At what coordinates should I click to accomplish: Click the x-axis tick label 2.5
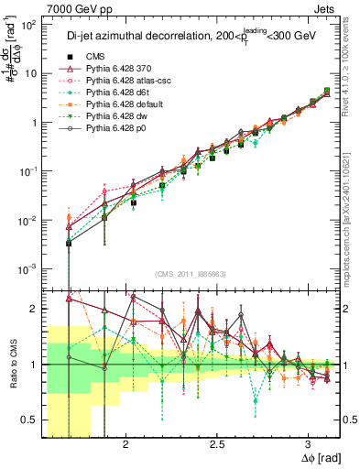coord(217,445)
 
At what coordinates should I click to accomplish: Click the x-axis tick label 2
coord(120,445)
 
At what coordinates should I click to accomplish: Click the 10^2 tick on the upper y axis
coord(28,26)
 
